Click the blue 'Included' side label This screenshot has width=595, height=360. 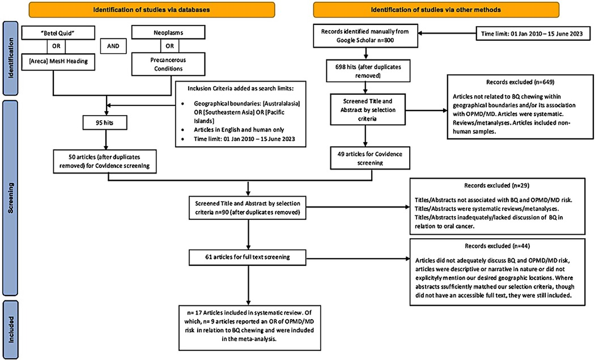11,328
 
